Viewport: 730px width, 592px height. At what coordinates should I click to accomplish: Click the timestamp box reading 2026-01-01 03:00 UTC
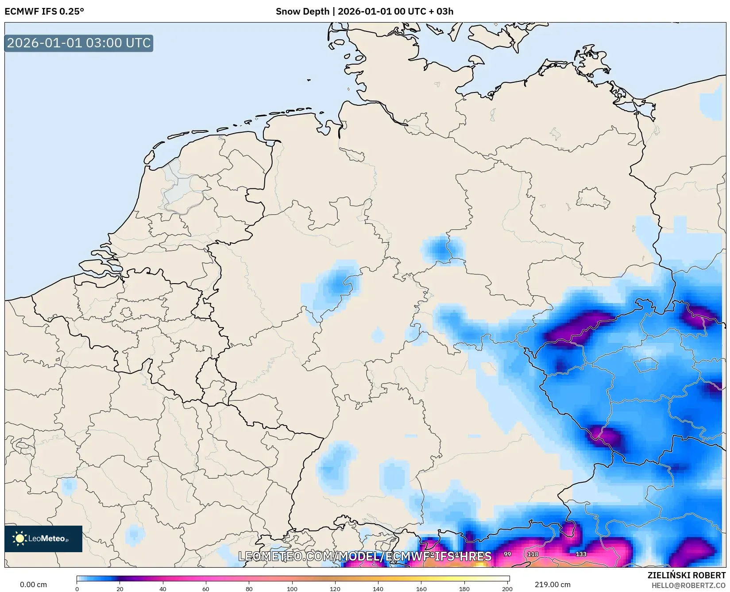(x=79, y=43)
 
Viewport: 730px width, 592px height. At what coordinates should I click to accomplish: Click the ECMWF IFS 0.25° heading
(x=44, y=12)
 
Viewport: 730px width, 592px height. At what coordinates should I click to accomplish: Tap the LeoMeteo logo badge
(x=43, y=538)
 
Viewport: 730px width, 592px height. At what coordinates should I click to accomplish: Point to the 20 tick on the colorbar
(x=120, y=588)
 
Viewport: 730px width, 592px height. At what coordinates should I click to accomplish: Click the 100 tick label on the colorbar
(x=292, y=588)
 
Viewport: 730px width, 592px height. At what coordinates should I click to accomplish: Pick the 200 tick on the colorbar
(x=507, y=588)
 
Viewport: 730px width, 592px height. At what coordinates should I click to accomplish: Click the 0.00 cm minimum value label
(x=33, y=584)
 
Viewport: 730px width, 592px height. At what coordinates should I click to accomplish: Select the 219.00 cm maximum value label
(x=552, y=584)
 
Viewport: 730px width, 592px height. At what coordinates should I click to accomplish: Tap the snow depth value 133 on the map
(x=581, y=554)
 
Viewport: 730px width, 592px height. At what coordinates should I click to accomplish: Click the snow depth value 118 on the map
(x=533, y=554)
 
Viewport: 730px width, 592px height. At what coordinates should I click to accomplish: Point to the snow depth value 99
(x=507, y=554)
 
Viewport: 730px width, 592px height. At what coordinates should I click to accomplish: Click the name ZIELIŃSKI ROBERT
(x=687, y=575)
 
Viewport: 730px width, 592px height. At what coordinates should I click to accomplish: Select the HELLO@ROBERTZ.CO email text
(x=688, y=585)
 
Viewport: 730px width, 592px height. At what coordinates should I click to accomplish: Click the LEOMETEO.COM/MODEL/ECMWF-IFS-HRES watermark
(x=365, y=556)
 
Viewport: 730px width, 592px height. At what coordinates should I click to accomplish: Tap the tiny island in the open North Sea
(x=309, y=80)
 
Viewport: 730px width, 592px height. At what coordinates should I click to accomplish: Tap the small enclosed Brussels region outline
(x=127, y=313)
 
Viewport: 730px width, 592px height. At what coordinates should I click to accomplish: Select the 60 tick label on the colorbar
(x=206, y=588)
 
